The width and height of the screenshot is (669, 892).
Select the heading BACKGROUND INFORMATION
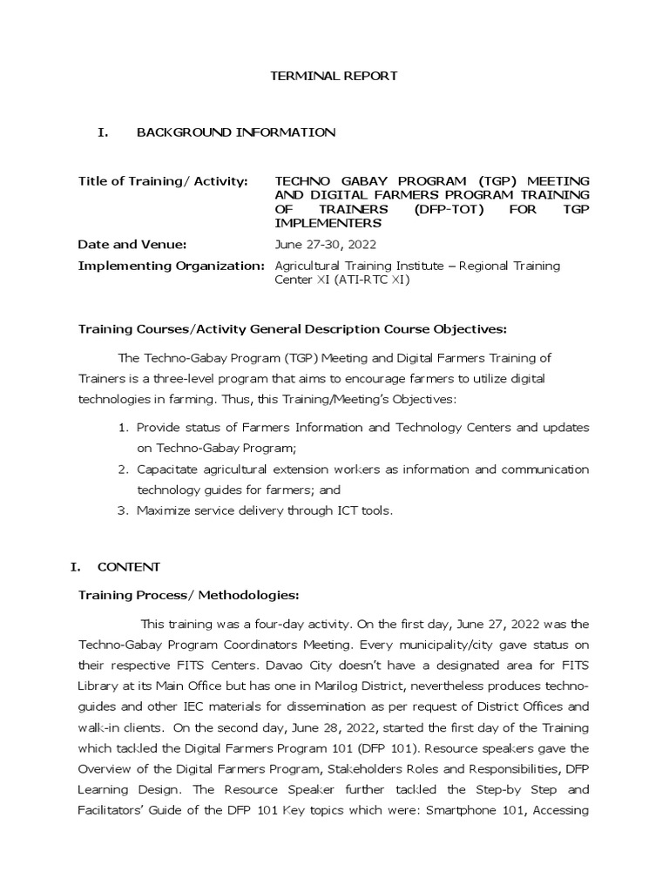(x=235, y=132)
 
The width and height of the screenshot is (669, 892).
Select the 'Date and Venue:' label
(x=132, y=245)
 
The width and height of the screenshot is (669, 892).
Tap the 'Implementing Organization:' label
(x=171, y=265)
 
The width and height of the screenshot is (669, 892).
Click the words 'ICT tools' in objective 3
(x=363, y=511)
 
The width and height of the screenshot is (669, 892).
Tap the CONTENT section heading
(x=128, y=567)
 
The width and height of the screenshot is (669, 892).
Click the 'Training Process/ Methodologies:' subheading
(x=188, y=596)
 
